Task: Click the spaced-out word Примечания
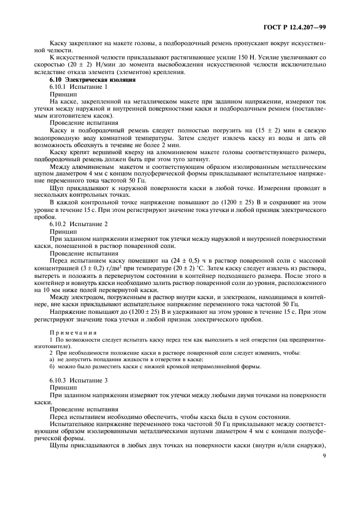click(x=73, y=332)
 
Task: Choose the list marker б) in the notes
click(x=52, y=366)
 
